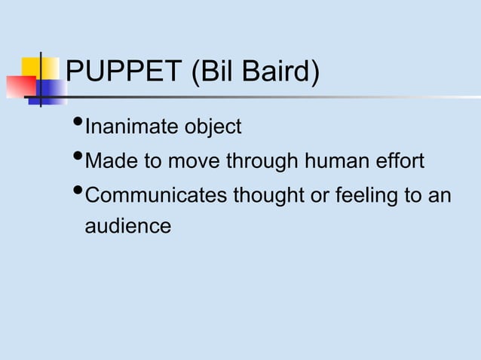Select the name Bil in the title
click(x=213, y=73)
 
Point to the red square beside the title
click(x=20, y=87)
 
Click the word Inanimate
click(x=132, y=127)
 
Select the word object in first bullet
click(x=213, y=127)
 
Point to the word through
click(x=260, y=161)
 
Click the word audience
click(x=127, y=225)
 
